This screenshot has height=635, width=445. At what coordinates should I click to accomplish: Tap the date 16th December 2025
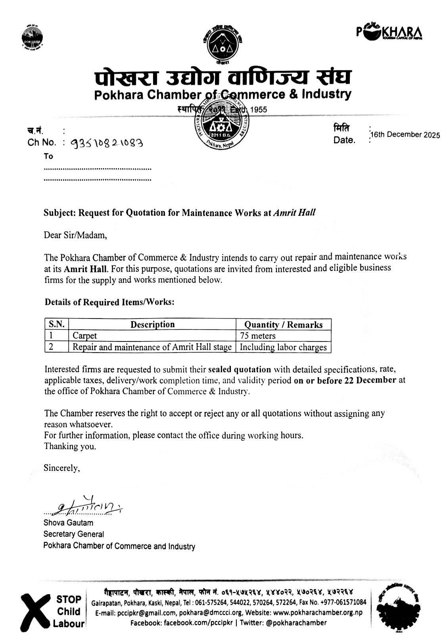click(x=405, y=135)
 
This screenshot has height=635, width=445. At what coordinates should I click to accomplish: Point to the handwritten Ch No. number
click(x=107, y=143)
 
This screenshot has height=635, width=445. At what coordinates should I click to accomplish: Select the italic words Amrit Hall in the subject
click(x=294, y=213)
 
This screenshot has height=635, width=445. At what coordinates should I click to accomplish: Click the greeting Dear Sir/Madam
click(x=75, y=235)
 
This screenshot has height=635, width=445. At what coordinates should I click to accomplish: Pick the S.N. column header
click(x=57, y=324)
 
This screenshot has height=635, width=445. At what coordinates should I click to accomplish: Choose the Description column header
click(x=153, y=324)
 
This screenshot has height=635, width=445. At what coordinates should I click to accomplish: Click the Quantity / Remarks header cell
click(x=283, y=325)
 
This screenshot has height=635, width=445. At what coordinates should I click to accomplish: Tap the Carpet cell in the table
click(x=84, y=336)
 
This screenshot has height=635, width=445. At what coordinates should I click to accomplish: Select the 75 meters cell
click(x=258, y=336)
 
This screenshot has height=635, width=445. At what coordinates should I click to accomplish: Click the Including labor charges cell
click(x=283, y=347)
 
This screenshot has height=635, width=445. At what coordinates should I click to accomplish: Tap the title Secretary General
click(x=74, y=534)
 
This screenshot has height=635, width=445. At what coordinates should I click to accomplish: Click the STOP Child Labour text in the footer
click(x=69, y=611)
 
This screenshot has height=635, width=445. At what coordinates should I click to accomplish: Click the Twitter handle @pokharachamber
click(x=296, y=623)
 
